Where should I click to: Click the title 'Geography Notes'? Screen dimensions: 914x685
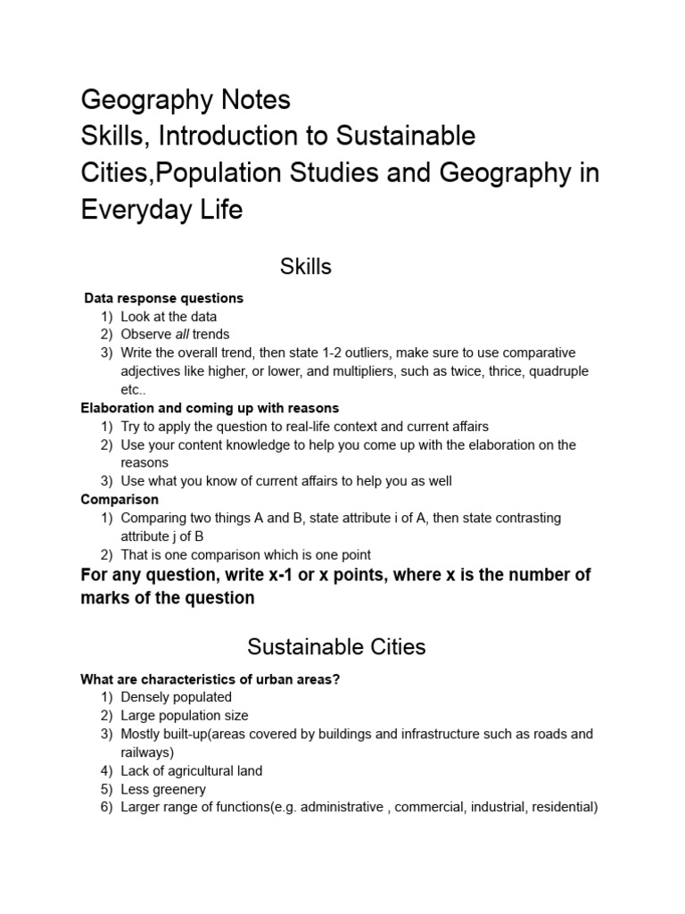(x=186, y=99)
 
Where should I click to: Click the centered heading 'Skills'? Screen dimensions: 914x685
(x=306, y=266)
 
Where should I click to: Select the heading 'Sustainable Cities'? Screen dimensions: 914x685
(x=337, y=645)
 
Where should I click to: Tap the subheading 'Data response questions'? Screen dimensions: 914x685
(x=163, y=298)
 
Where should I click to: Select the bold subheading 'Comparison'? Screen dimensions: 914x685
(x=120, y=500)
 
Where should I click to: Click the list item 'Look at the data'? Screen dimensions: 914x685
(x=169, y=316)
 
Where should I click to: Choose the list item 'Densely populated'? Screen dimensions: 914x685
(x=176, y=697)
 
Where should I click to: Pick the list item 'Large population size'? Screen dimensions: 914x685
(x=185, y=716)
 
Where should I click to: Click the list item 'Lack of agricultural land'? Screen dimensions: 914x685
(x=191, y=771)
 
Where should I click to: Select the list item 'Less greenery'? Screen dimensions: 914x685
(x=163, y=789)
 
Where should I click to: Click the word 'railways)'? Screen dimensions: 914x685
(x=147, y=752)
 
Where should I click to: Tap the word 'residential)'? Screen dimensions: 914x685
(x=562, y=808)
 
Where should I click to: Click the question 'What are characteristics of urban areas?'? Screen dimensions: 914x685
(x=210, y=679)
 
